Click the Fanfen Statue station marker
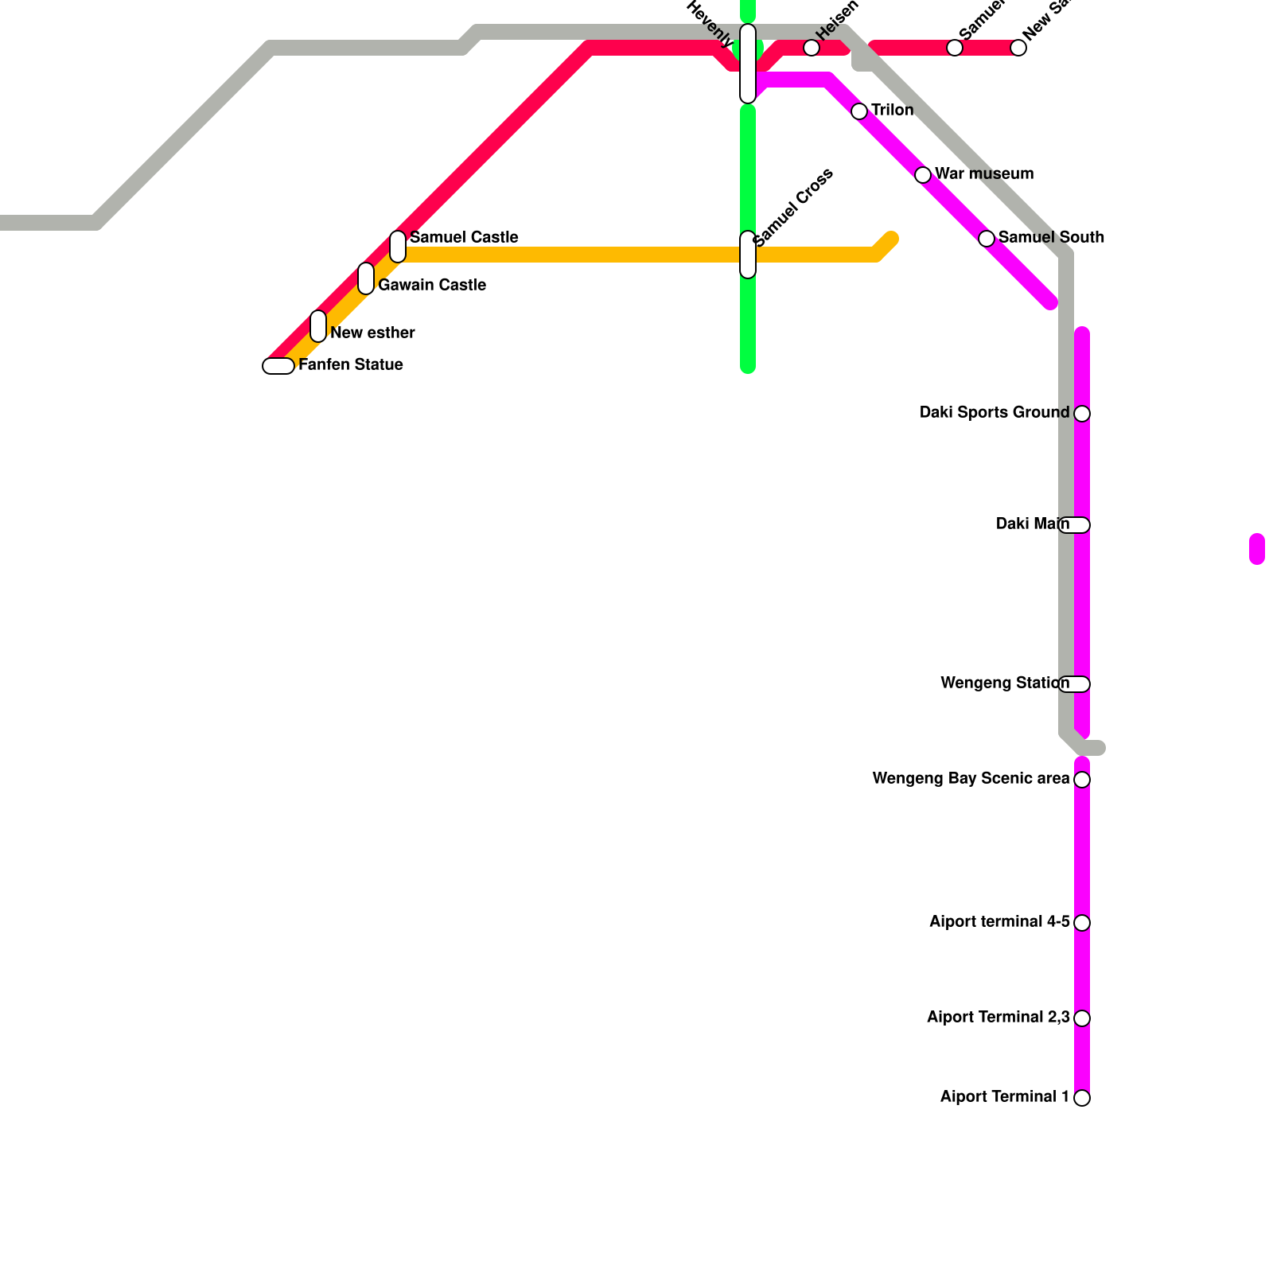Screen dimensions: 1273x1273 [278, 366]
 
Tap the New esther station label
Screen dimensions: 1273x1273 [372, 333]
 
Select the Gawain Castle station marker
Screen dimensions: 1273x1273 [366, 278]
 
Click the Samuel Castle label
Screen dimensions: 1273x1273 [464, 237]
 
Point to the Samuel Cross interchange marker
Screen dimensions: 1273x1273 [748, 255]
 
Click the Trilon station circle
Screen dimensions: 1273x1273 [859, 111]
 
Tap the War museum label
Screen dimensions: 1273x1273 [984, 173]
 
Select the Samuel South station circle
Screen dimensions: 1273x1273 [987, 239]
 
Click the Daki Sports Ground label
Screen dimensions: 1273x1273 [994, 412]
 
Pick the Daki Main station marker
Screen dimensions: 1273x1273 [1075, 525]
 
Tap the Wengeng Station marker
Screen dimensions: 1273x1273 [1075, 684]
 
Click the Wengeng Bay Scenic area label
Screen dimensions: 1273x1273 [971, 778]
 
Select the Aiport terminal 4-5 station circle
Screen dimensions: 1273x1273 [1082, 923]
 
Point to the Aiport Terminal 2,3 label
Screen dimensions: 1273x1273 [998, 1017]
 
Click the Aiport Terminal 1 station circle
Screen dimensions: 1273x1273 [1082, 1098]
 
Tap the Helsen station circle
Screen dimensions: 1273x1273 [812, 48]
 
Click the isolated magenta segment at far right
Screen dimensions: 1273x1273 [1257, 549]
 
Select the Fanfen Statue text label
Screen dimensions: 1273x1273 [351, 364]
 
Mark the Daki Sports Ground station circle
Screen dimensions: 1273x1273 [1082, 414]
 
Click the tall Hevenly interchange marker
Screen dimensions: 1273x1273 [748, 64]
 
